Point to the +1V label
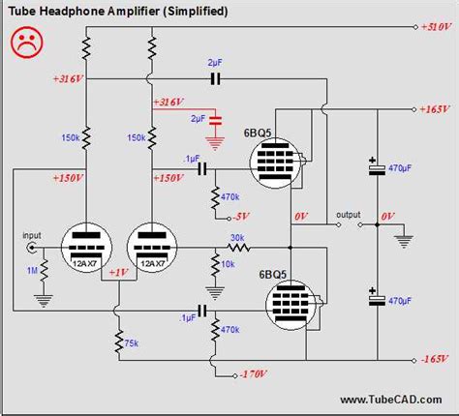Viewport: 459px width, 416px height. click(116, 272)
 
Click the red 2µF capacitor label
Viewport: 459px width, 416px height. click(199, 118)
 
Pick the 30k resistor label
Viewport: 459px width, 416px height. click(237, 237)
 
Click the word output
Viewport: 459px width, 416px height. click(349, 214)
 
